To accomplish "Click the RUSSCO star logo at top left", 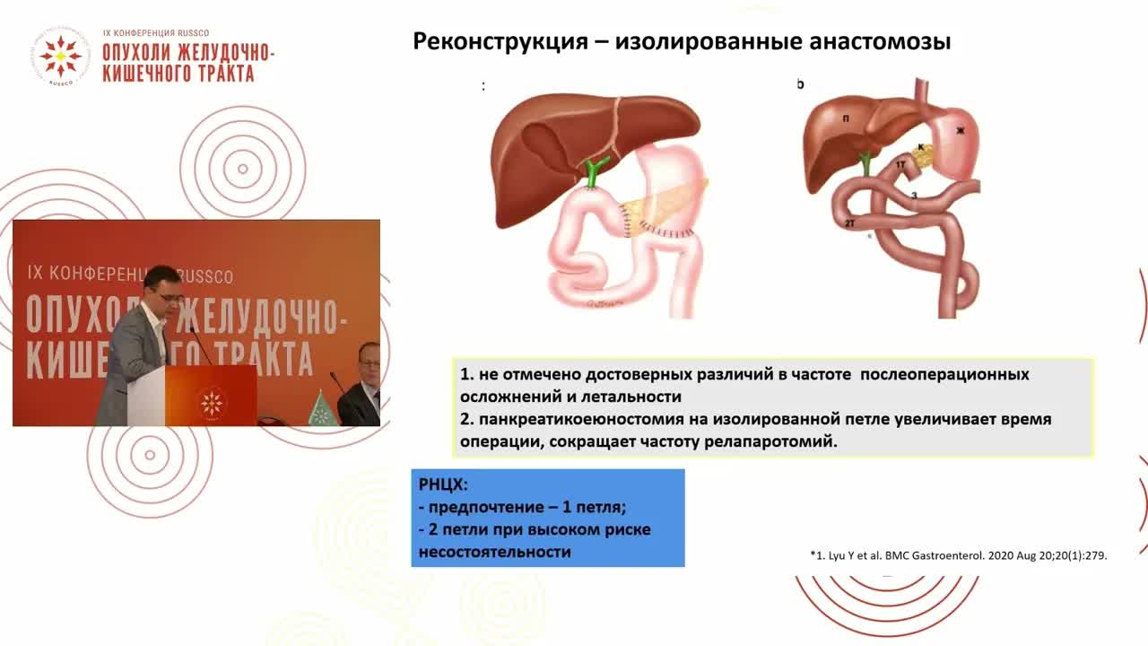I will pyautogui.click(x=60, y=57).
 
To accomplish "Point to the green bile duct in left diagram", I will pyautogui.click(x=593, y=170).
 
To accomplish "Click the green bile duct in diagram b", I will pyautogui.click(x=865, y=164).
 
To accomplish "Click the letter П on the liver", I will pyautogui.click(x=846, y=118).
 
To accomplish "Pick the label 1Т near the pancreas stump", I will pyautogui.click(x=900, y=165).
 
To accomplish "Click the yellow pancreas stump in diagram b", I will pyautogui.click(x=923, y=155).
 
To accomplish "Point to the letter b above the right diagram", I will pyautogui.click(x=800, y=84).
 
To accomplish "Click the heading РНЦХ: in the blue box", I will pyautogui.click(x=443, y=484).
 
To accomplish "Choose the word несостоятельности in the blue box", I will pyautogui.click(x=494, y=551).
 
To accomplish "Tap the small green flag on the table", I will pyautogui.click(x=317, y=409).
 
